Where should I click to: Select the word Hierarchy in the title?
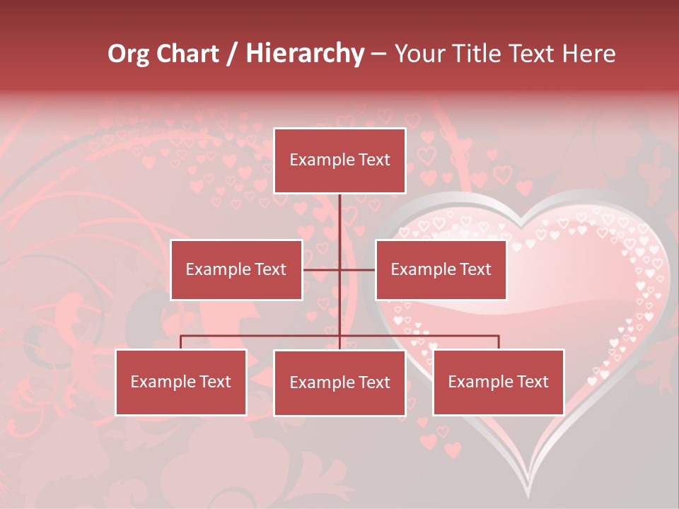click(x=305, y=54)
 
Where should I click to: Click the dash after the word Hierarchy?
click(x=378, y=54)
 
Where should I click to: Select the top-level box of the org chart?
click(x=339, y=160)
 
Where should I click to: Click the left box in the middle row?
click(x=236, y=269)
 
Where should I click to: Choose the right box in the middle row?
click(x=441, y=269)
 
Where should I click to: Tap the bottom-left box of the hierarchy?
click(x=181, y=382)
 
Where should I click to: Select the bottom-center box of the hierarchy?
click(x=339, y=382)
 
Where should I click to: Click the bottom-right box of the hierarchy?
click(x=498, y=382)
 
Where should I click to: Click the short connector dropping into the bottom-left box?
click(x=181, y=342)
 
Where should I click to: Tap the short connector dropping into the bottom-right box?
click(x=499, y=342)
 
